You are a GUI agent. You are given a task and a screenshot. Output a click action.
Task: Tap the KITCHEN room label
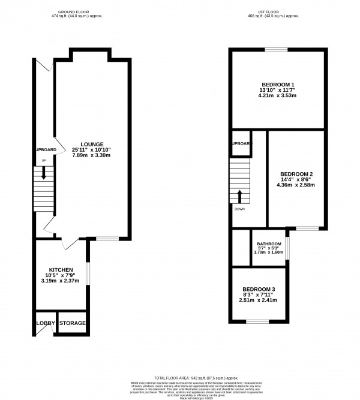pyautogui.click(x=61, y=270)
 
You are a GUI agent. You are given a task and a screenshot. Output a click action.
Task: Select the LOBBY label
pyautogui.click(x=46, y=323)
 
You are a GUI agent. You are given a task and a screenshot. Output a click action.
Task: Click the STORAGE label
pyautogui.click(x=72, y=323)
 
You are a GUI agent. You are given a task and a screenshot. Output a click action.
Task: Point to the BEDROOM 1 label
pyautogui.click(x=277, y=83)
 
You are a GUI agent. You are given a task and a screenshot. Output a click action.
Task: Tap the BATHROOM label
pyautogui.click(x=268, y=243)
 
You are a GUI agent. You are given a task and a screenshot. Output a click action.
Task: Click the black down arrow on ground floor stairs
pyautogui.click(x=43, y=174)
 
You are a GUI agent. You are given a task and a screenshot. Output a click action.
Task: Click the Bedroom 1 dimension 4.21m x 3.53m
pyautogui.click(x=277, y=95)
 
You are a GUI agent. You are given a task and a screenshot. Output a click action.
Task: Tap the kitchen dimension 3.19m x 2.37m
pyautogui.click(x=61, y=281)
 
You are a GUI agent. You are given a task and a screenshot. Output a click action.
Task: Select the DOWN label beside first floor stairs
pyautogui.click(x=239, y=209)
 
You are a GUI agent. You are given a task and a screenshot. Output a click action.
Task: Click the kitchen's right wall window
pyautogui.click(x=88, y=273)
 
